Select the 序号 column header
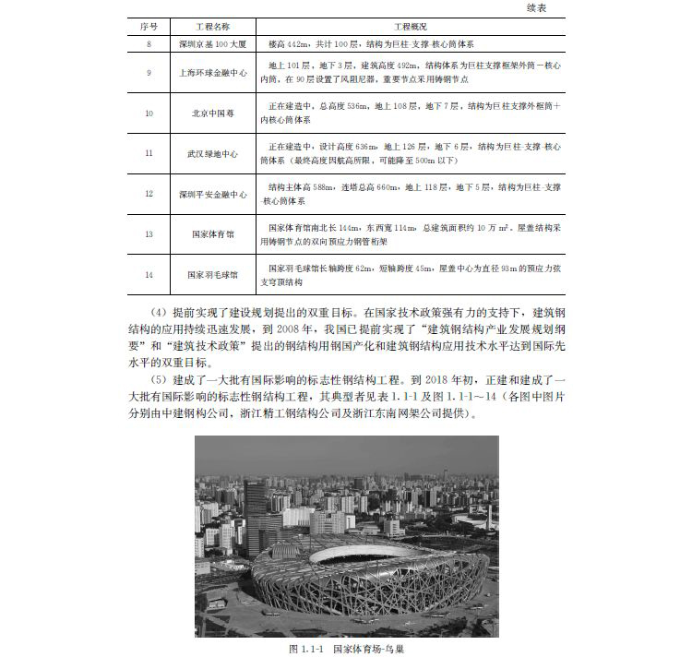click(149, 28)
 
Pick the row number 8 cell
click(149, 43)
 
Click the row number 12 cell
click(149, 194)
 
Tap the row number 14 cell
click(149, 274)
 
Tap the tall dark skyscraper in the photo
click(253, 512)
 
